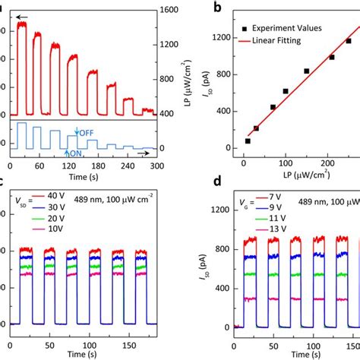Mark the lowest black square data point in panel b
click(x=248, y=141)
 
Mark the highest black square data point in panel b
click(x=349, y=41)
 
